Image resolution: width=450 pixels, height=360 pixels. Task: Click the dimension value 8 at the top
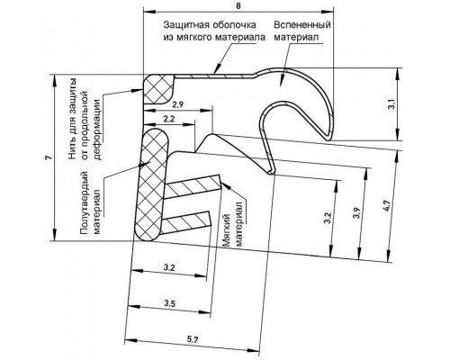tap(238, 6)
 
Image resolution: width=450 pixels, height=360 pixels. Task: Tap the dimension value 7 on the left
tap(50, 157)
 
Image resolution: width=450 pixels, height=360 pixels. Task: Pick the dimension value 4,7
tap(387, 206)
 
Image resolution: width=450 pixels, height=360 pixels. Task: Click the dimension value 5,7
tap(193, 340)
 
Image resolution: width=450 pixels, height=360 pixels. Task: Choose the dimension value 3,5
tap(169, 303)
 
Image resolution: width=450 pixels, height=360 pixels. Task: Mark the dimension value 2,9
tap(178, 104)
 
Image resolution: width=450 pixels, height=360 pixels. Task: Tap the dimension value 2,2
tap(169, 119)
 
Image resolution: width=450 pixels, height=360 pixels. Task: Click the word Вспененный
tap(302, 25)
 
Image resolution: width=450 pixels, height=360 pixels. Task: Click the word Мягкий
tap(227, 230)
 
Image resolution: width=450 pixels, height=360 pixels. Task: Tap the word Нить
tap(72, 148)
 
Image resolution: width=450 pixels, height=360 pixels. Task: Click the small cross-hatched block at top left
tap(158, 89)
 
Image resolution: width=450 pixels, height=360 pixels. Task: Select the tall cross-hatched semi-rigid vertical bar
tap(152, 184)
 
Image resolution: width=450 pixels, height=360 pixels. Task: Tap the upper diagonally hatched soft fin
tap(193, 185)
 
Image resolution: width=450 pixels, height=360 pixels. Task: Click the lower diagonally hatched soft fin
tap(186, 223)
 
